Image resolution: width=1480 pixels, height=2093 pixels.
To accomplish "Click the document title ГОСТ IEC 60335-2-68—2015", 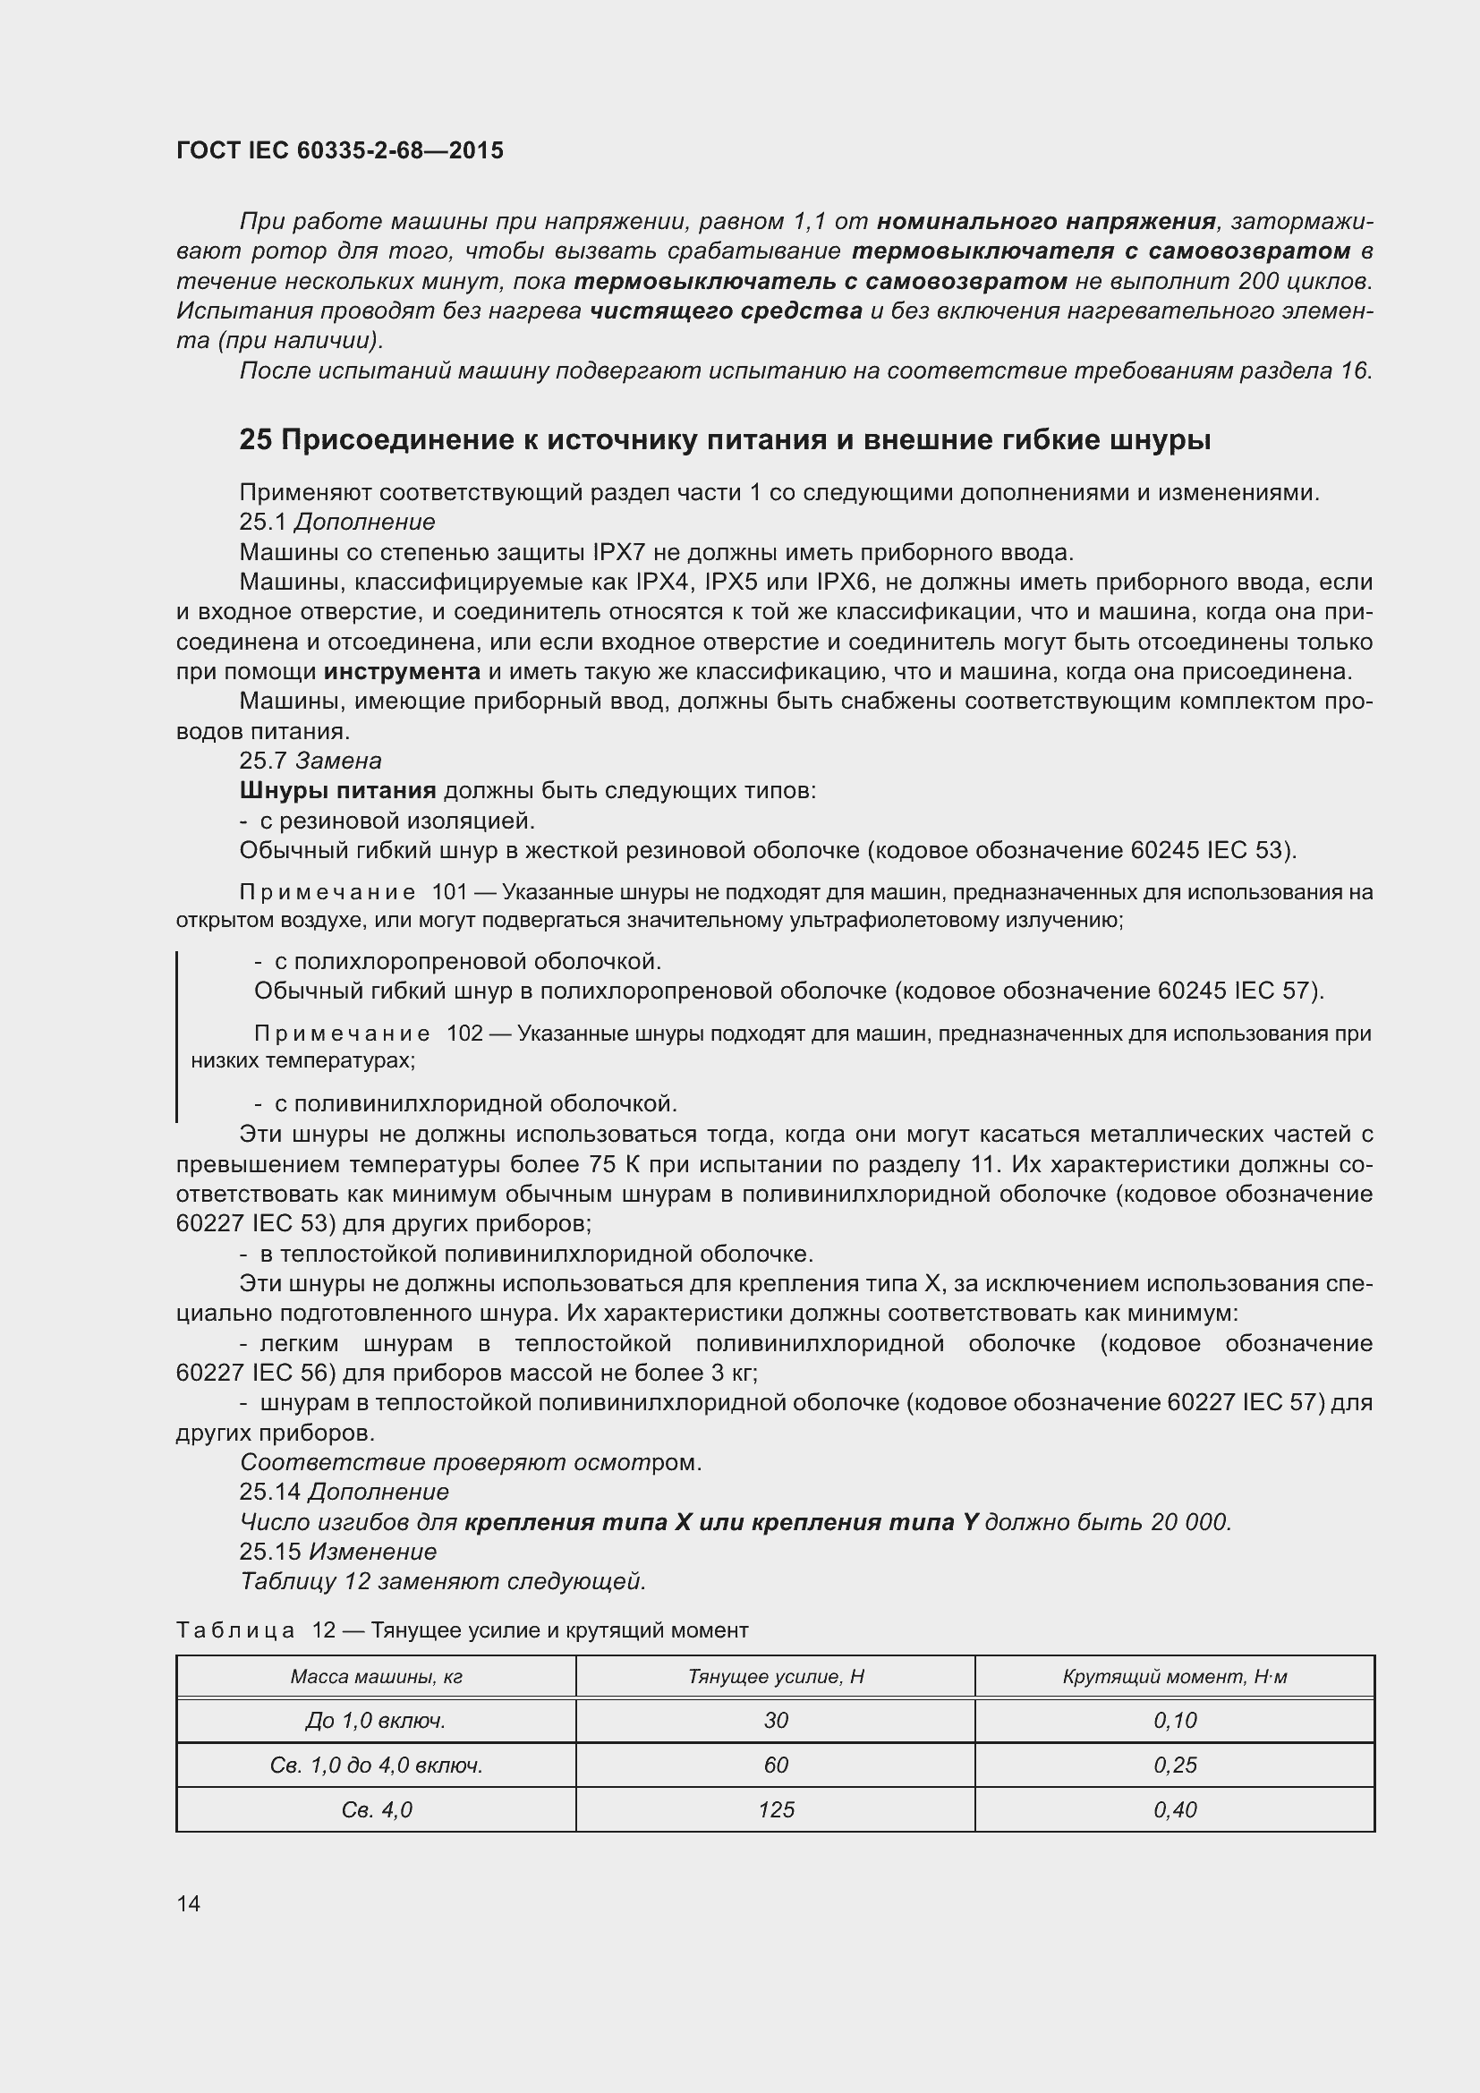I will pos(339,150).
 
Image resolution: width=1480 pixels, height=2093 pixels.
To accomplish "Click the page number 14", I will pos(189,1903).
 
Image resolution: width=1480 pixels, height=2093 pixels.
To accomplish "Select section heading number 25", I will pos(255,440).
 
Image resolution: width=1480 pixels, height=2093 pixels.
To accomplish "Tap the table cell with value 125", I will pos(776,1809).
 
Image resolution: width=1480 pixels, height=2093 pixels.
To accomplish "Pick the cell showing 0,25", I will pos(1175,1765).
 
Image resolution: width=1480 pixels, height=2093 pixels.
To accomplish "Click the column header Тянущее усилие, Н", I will pos(776,1676).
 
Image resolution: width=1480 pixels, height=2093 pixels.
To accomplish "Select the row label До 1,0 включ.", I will pos(376,1720).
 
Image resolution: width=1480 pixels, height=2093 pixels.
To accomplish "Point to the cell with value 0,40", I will pos(1175,1809).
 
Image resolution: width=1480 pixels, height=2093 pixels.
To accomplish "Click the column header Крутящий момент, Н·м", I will pos(1175,1676).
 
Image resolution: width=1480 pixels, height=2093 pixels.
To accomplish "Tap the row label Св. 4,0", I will pos(376,1809).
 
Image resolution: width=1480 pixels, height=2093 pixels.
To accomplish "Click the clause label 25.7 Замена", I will pos(310,761).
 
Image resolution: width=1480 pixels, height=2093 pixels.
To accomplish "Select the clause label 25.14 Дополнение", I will pos(344,1493).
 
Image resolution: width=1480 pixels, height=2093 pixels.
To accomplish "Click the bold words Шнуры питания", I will pos(337,790).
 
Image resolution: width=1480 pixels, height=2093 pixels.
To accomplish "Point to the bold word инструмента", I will pos(402,672).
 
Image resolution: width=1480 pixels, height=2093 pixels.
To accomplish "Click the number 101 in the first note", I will pos(449,891).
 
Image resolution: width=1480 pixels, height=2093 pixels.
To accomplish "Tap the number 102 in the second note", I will pos(464,1034).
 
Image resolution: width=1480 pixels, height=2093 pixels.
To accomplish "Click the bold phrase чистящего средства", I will pos(726,311).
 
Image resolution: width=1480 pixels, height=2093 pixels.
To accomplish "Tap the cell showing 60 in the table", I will pos(776,1765).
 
